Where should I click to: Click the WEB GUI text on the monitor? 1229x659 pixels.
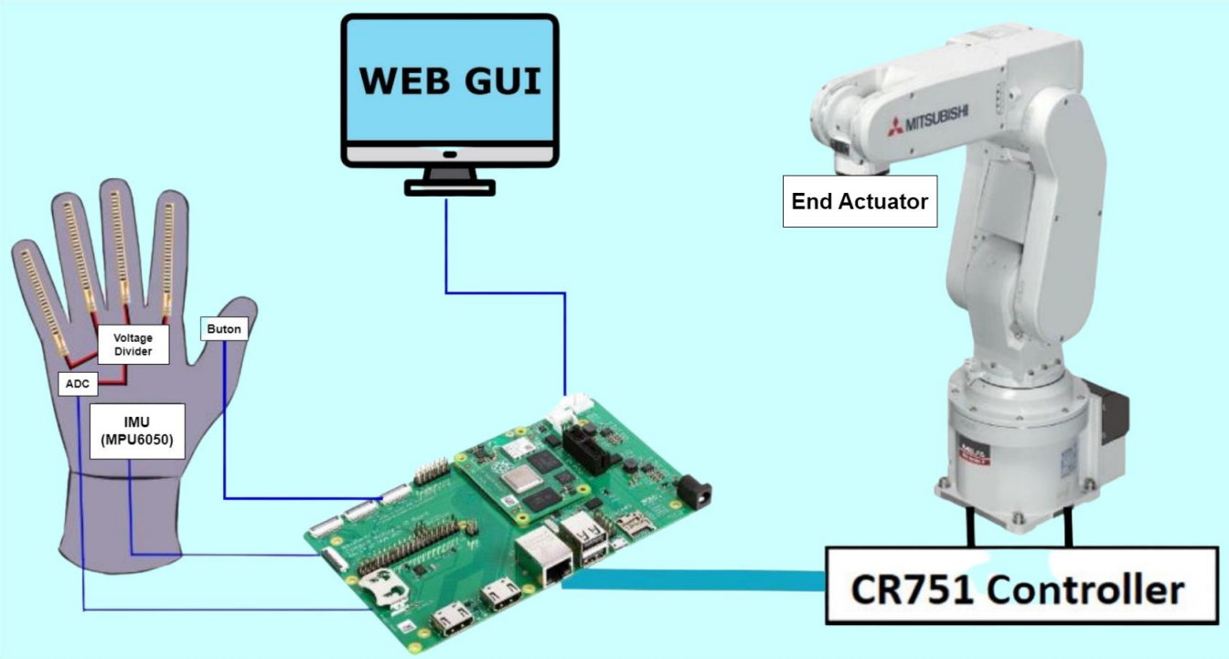click(449, 80)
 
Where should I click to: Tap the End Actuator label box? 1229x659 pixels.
click(860, 201)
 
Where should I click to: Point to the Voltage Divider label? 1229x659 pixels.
click(133, 345)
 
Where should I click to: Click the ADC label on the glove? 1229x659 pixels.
click(78, 384)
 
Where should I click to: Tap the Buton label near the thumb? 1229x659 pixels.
click(223, 328)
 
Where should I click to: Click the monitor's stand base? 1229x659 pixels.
click(450, 187)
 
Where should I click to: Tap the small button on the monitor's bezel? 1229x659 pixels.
click(449, 154)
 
